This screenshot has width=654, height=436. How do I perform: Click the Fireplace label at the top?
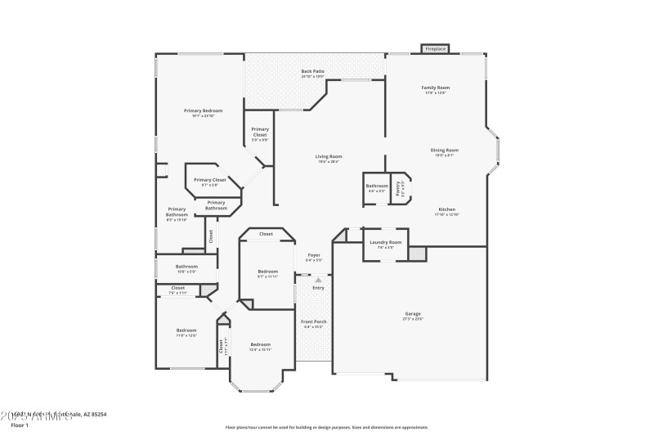436,49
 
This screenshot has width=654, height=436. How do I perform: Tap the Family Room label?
436,88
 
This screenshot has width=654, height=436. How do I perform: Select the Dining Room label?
445,150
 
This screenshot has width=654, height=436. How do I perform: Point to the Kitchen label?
446,209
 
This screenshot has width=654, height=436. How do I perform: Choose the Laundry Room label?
385,242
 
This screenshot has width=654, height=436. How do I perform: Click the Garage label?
413,314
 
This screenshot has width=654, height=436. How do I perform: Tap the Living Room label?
329,156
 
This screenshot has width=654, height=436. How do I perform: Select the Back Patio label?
312,71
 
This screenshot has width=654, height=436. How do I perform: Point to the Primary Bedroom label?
203,110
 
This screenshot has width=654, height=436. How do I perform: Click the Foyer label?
314,255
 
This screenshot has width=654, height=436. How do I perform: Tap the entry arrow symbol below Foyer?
318,280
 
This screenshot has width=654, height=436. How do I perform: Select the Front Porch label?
314,321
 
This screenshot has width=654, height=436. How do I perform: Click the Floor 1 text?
20,425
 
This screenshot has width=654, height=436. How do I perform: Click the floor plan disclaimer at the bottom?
326,426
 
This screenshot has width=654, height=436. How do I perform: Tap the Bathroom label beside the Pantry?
377,186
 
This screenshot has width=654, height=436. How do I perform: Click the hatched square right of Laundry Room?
418,254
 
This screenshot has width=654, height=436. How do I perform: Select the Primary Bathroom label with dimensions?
177,214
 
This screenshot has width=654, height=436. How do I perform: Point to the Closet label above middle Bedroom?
266,234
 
